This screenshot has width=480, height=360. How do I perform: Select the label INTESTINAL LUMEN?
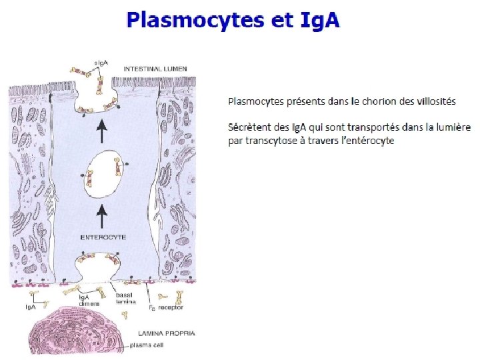click(x=155, y=68)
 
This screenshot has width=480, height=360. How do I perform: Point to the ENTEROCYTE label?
click(x=103, y=237)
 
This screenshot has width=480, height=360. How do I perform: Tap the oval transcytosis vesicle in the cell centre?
click(x=104, y=174)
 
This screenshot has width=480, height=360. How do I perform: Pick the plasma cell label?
click(x=146, y=345)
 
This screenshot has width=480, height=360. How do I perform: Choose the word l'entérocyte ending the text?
click(x=368, y=141)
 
